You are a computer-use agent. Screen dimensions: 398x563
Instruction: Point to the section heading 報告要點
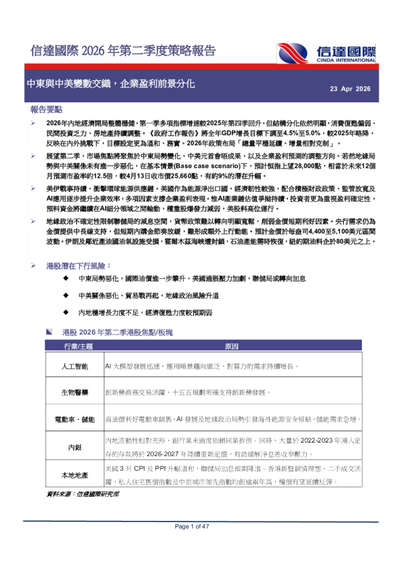(x=46, y=109)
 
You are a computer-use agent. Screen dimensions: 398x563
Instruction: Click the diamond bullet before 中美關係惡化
(x=66, y=295)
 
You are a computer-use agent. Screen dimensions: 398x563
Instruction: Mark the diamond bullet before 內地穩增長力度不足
(x=66, y=312)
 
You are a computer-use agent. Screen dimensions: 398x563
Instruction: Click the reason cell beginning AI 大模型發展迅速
(x=199, y=367)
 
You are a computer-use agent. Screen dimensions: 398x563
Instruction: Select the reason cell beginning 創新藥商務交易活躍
(x=190, y=393)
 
